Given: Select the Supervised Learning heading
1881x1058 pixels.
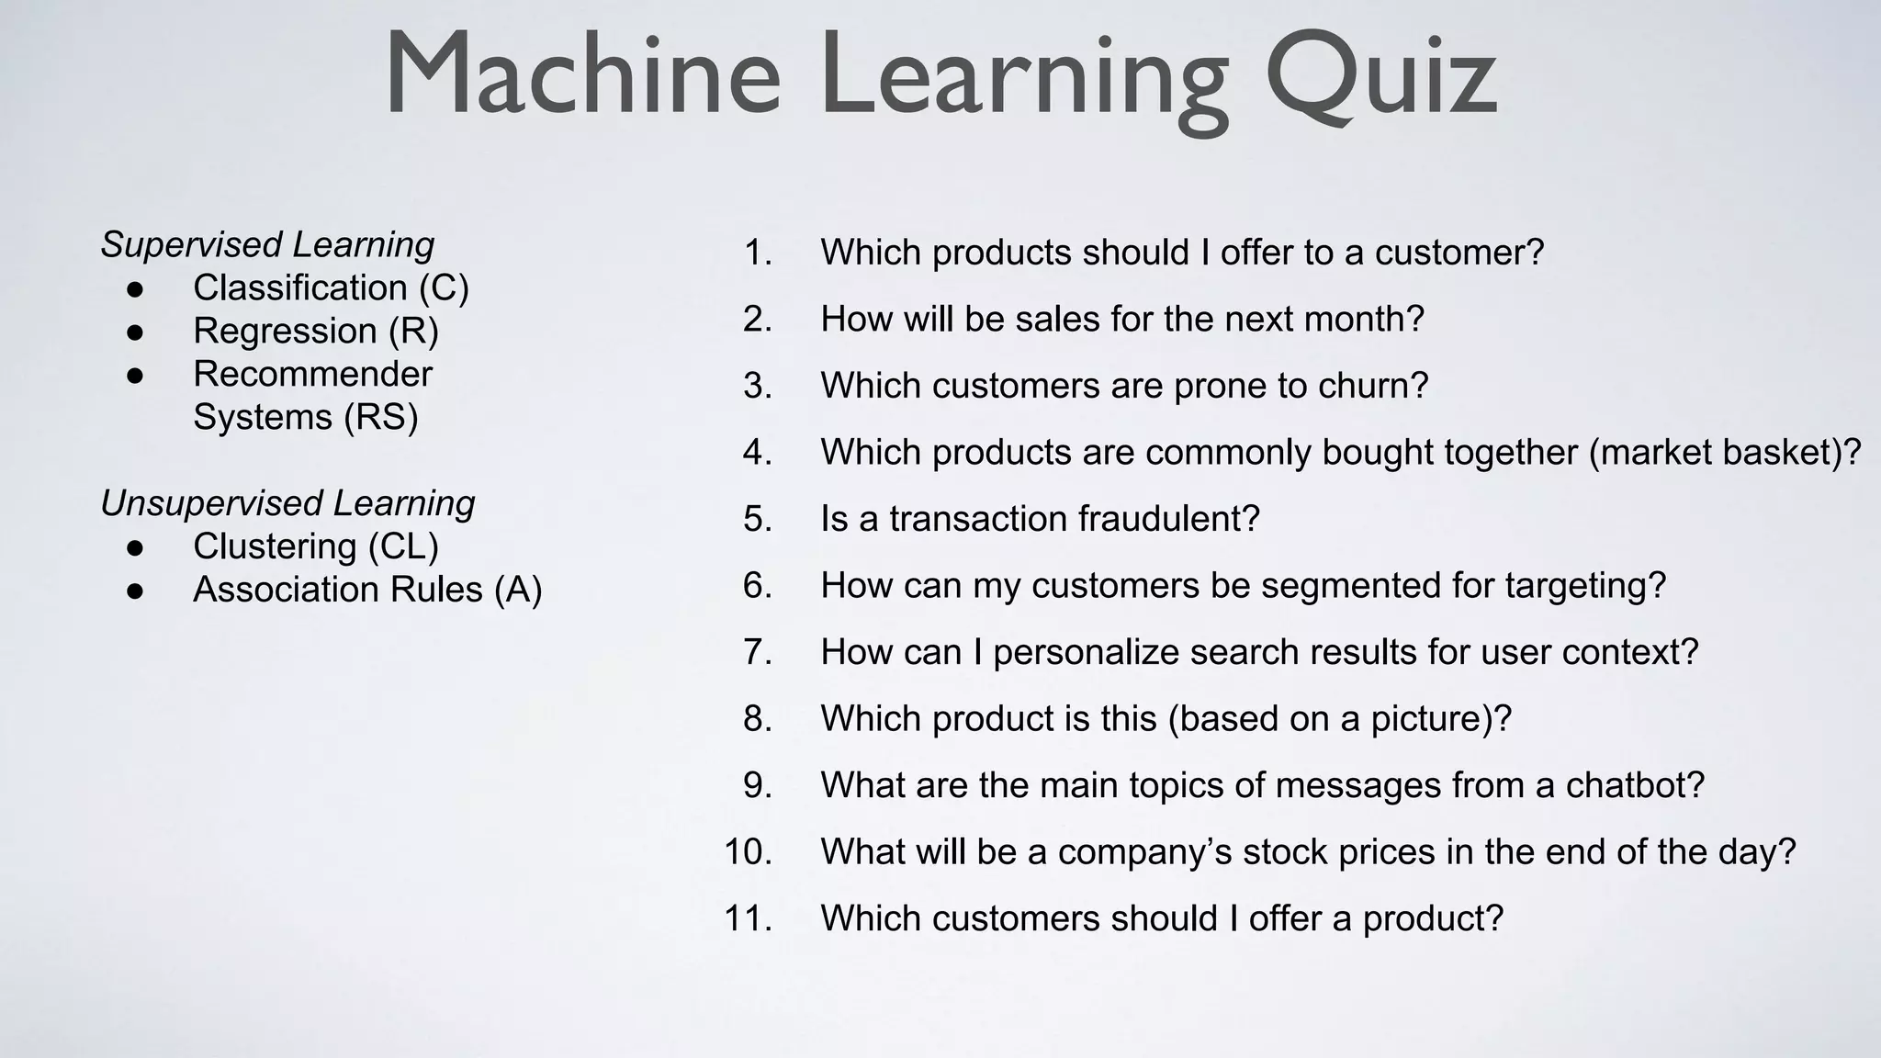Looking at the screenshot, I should click(267, 245).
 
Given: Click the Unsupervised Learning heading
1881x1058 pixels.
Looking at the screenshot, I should click(287, 503).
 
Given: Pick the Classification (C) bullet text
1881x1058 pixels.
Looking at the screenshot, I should click(331, 288).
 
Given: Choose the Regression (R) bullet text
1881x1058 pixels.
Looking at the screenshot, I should click(316, 332).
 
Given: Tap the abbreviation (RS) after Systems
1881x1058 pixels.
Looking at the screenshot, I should click(381, 418).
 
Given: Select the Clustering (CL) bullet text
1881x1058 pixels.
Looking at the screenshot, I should click(316, 547).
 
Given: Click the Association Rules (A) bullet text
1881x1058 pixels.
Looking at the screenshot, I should click(367, 591).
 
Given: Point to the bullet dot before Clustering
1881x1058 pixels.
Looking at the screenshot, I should click(135, 548).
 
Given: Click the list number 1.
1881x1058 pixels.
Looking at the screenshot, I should click(758, 253).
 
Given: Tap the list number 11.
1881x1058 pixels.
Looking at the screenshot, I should click(748, 918).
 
